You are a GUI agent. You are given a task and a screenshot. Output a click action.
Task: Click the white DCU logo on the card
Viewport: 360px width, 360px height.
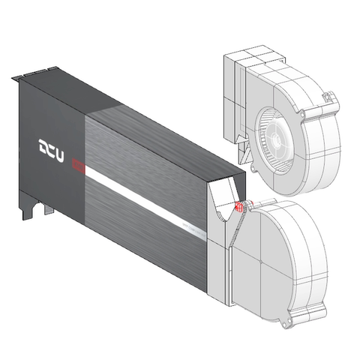(51, 151)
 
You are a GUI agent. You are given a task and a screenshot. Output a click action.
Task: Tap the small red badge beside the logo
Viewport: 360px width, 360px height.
(78, 165)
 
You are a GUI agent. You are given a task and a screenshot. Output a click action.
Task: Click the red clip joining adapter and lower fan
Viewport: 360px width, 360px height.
(239, 207)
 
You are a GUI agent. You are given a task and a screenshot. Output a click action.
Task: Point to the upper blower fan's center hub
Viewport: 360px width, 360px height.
(276, 137)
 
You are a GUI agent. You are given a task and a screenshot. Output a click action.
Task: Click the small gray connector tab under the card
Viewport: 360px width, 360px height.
(49, 209)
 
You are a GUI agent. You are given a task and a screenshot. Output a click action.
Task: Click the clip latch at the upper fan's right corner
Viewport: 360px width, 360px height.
(328, 97)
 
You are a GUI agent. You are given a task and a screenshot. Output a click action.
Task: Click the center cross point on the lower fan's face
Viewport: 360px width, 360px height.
(260, 262)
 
